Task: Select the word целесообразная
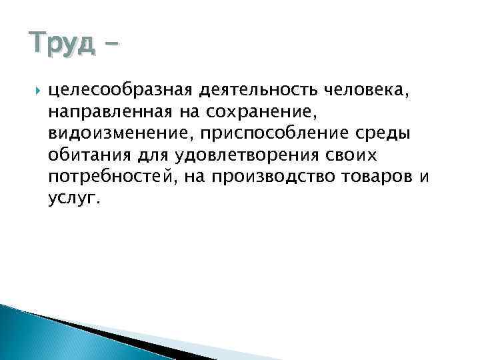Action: (119, 87)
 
